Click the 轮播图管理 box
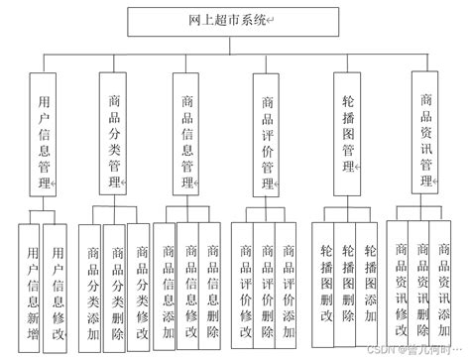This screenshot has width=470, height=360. [x=347, y=137]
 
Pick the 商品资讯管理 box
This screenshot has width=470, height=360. [x=426, y=137]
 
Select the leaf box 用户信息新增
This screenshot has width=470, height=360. [x=34, y=283]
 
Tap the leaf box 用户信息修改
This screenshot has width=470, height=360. [x=59, y=283]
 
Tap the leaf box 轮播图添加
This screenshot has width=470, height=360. [x=370, y=283]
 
